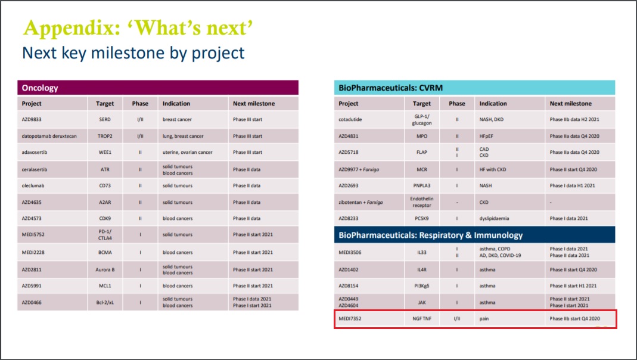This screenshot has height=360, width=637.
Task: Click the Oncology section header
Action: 40,88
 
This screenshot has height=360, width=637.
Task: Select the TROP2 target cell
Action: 105,136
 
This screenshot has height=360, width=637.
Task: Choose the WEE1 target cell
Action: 105,153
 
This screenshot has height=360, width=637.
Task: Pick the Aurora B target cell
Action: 105,269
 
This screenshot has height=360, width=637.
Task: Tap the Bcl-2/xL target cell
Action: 105,303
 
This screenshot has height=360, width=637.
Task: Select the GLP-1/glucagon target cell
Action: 421,119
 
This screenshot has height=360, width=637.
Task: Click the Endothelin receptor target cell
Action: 421,202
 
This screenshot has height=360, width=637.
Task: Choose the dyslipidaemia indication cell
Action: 495,218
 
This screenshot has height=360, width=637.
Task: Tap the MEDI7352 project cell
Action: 350,319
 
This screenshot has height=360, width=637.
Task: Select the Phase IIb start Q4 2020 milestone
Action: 574,319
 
